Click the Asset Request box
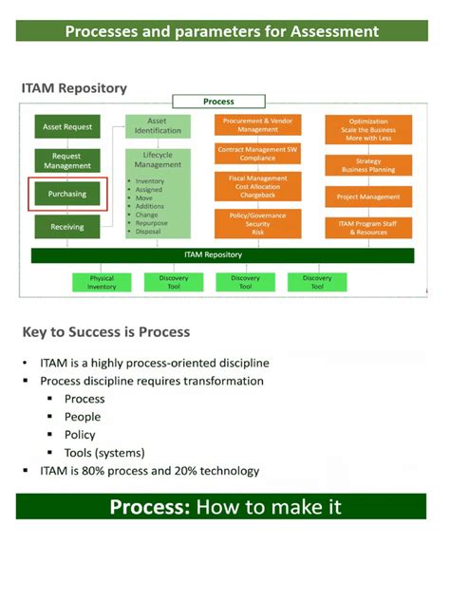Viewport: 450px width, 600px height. pos(66,126)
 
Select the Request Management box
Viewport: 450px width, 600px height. pos(66,160)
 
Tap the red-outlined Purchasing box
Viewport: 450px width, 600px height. pos(66,194)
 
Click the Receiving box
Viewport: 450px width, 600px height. pos(66,227)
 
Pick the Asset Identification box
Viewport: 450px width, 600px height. pos(158,125)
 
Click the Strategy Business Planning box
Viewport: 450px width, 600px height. pos(368,166)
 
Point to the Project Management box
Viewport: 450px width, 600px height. pos(368,197)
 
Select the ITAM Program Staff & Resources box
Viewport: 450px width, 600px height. pos(368,227)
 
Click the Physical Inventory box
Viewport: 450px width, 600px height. pos(102,282)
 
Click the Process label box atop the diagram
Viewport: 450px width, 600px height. pos(218,101)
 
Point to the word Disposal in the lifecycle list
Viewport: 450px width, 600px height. pos(148,231)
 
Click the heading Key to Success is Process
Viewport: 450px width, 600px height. pos(105,332)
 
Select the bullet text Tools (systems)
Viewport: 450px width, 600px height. pos(103,453)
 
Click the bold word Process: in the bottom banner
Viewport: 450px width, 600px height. pos(151,506)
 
